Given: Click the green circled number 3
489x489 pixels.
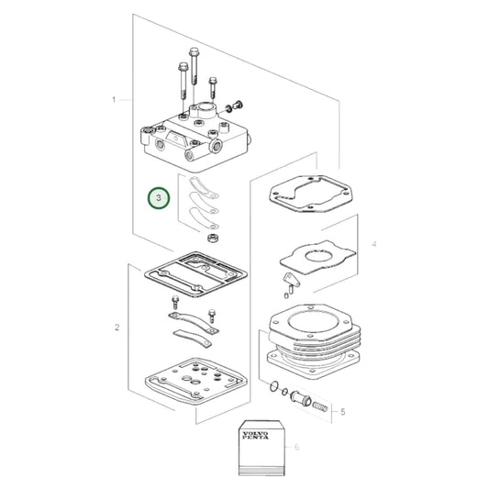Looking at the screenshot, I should pyautogui.click(x=160, y=197).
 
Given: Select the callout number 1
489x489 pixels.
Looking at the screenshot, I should pyautogui.click(x=115, y=98).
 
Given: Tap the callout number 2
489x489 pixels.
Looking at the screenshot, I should pyautogui.click(x=117, y=328).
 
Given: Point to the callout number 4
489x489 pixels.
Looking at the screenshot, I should pyautogui.click(x=373, y=244).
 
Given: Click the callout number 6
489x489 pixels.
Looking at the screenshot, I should pyautogui.click(x=295, y=447).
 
